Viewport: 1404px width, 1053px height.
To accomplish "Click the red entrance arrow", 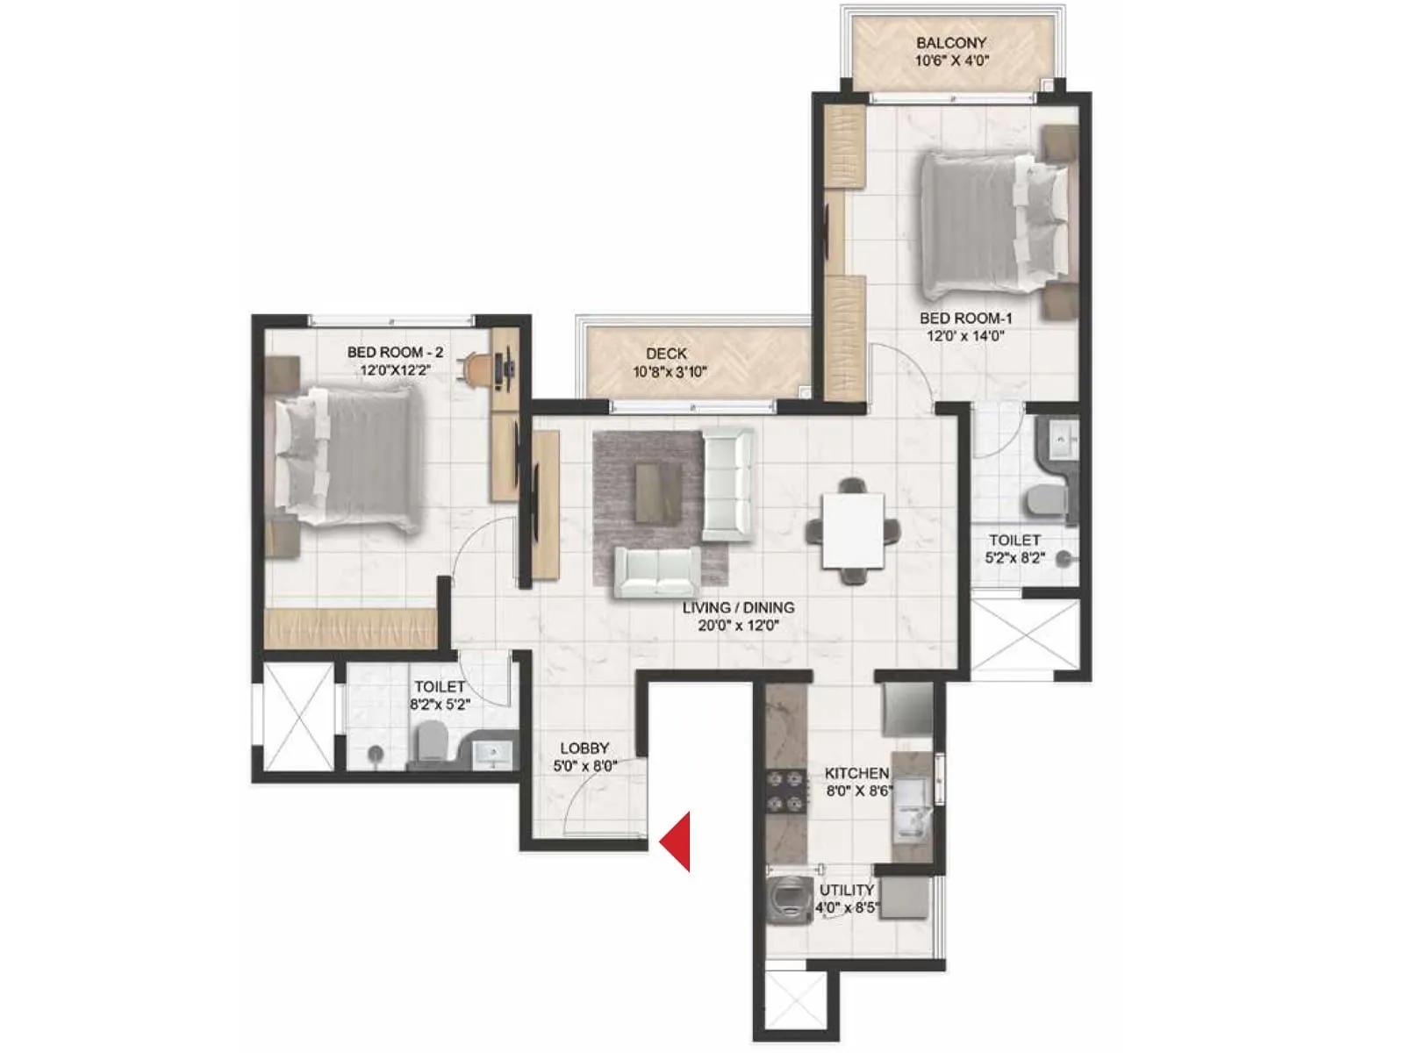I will (x=677, y=841).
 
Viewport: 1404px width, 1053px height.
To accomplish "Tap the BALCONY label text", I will (x=951, y=42).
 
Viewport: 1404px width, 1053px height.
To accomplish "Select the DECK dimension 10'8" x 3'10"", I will (x=670, y=372).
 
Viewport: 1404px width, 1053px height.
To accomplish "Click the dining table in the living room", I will (x=852, y=531).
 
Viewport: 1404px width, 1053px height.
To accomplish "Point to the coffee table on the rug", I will (x=658, y=492).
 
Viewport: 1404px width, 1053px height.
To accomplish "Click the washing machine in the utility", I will (x=786, y=897).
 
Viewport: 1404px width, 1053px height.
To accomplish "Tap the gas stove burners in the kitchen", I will (x=785, y=791).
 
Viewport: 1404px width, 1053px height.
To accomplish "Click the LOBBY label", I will (x=584, y=748).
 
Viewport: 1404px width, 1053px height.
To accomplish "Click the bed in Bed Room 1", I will (x=992, y=224).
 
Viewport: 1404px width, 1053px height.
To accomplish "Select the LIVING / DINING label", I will (x=738, y=607).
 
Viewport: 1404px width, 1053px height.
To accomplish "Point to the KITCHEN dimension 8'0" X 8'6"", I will (x=858, y=791).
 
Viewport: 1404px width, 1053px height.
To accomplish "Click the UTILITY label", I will (x=846, y=890).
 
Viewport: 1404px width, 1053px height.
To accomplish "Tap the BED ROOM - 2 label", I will (x=395, y=352).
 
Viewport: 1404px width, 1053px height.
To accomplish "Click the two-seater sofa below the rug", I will (x=656, y=571).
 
